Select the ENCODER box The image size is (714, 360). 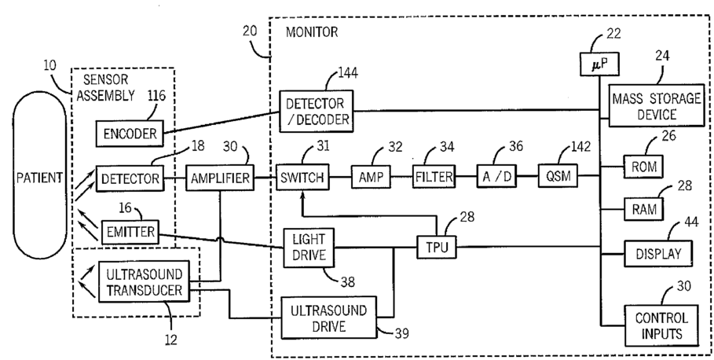(128, 134)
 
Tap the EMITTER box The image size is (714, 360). (130, 232)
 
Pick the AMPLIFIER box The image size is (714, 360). (220, 179)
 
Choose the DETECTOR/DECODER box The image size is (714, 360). (316, 112)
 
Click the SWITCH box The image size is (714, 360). (302, 178)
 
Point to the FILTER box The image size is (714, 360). (434, 178)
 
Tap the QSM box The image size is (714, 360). (558, 178)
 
